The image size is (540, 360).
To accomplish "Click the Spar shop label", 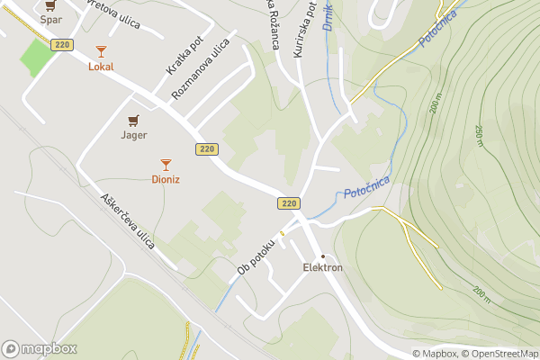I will pyautogui.click(x=50, y=19).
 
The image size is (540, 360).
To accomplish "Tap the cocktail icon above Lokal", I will pyautogui.click(x=101, y=51).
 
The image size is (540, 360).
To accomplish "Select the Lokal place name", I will pyautogui.click(x=101, y=67).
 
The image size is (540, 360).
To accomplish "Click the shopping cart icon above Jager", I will pyautogui.click(x=134, y=120).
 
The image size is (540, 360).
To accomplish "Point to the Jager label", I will pyautogui.click(x=134, y=135).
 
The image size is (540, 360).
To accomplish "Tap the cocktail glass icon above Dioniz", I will pyautogui.click(x=166, y=164).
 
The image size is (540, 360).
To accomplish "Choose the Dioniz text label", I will pyautogui.click(x=166, y=179).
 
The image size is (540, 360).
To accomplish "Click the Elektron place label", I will pyautogui.click(x=322, y=268).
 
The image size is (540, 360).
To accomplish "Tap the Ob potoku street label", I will pyautogui.click(x=255, y=256).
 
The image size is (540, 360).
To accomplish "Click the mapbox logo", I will pyautogui.click(x=40, y=348).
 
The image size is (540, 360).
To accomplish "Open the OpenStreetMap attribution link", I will pyautogui.click(x=500, y=354).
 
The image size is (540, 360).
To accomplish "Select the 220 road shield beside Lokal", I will pyautogui.click(x=62, y=45).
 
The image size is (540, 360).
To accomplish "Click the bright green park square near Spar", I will pyautogui.click(x=36, y=58).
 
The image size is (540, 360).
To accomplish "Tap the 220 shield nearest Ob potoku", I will pyautogui.click(x=288, y=203).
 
